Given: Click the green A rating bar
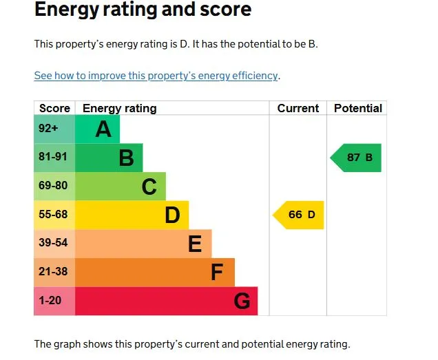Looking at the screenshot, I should point(97,129).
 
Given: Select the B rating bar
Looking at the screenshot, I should point(109,158).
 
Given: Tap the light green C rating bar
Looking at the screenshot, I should point(121,187).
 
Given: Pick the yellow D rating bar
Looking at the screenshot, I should point(132,215).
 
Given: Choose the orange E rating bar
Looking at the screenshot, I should point(143,244).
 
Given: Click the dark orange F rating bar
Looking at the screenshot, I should point(155,273).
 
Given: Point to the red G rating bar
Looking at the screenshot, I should point(166,301).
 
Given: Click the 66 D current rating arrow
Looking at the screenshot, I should point(300,215).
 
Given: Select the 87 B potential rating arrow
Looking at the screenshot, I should point(357,158).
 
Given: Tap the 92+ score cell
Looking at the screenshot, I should point(54,129).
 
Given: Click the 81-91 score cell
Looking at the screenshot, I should point(54,158).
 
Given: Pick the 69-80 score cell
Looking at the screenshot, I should point(54,187).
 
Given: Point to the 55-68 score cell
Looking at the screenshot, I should point(54,215).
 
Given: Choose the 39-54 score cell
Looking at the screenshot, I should point(54,244).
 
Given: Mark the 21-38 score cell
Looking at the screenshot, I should point(54,273).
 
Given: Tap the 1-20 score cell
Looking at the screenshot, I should point(54,301).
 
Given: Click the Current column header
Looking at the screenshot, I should point(298,108).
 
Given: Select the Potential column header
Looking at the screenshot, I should point(357,108).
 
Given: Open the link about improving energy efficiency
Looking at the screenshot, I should point(156,76).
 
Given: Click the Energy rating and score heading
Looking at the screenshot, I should point(143,10).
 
